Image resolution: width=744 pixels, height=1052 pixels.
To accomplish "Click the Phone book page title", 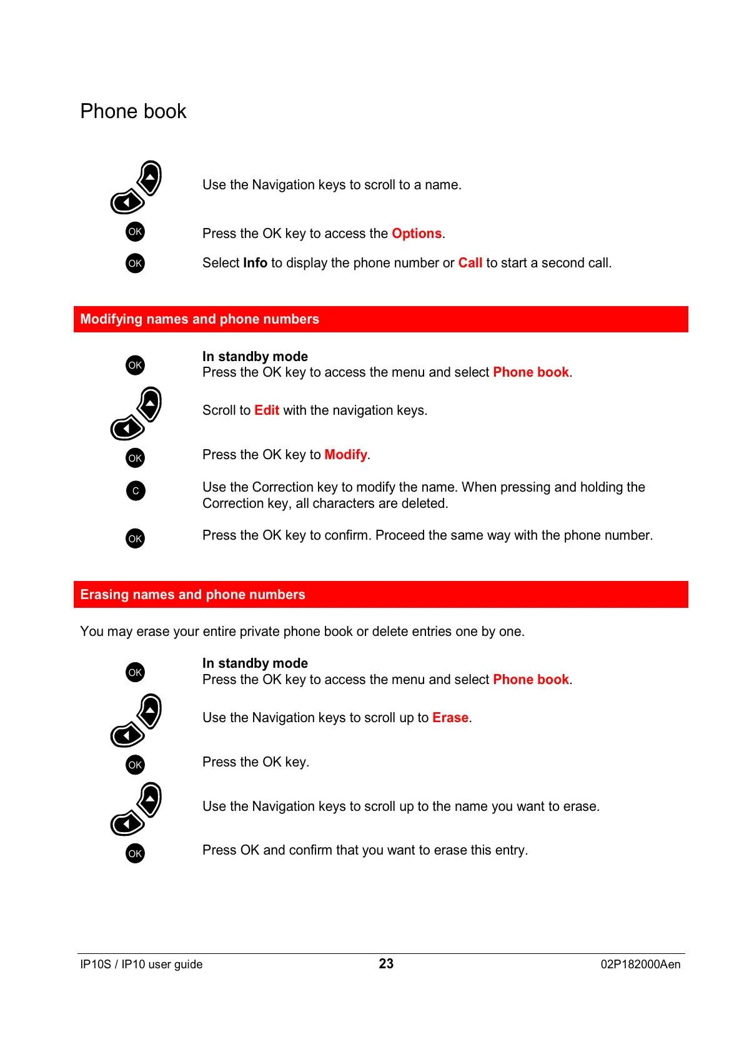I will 133,111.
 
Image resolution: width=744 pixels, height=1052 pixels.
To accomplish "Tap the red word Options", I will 417,234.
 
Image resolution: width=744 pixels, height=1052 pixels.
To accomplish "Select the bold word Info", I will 255,263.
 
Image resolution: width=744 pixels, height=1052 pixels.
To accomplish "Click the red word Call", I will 470,263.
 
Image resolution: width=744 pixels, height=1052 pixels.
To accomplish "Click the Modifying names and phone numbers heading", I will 199,319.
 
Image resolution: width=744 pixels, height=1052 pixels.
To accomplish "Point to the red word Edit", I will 267,410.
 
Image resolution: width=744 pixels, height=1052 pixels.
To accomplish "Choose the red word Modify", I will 345,455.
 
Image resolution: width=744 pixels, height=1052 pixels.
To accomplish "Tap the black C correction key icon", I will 136,491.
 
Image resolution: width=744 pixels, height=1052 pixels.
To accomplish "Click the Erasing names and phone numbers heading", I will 192,595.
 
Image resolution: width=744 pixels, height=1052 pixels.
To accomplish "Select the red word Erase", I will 450,718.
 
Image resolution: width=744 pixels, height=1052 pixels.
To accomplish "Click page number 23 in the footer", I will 386,964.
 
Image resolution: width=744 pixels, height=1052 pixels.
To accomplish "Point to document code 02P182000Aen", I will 640,965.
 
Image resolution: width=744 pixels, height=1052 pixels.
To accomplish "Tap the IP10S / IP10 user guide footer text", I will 141,965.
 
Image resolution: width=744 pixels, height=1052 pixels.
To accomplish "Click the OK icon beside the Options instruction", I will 135,232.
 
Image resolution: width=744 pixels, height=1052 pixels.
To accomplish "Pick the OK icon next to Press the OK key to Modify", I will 135,459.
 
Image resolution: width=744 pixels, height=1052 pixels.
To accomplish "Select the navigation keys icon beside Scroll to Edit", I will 136,413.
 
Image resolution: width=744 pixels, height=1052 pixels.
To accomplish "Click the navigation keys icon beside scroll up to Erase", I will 136,720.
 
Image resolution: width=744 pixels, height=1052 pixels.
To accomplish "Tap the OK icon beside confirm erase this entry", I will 135,853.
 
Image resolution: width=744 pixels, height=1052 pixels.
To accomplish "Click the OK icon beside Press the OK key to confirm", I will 135,538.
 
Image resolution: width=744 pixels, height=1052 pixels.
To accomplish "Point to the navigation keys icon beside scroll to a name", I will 136,187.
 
